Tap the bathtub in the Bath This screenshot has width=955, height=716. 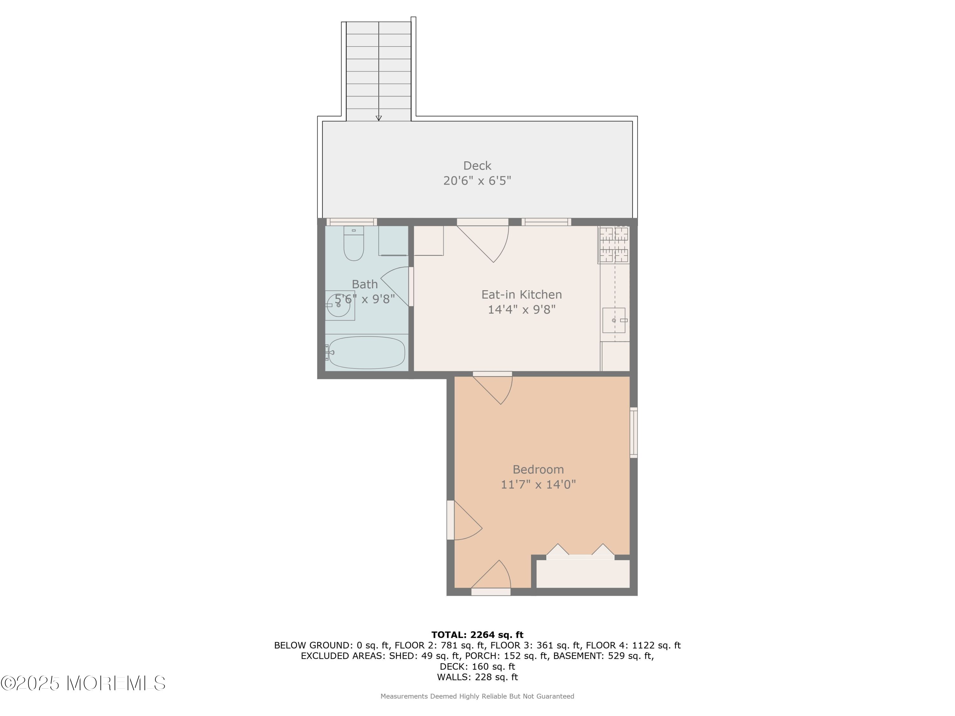(x=366, y=352)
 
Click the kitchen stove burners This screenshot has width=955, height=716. (x=614, y=244)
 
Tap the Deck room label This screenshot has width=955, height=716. (x=477, y=166)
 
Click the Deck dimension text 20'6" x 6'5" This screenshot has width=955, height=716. (x=477, y=180)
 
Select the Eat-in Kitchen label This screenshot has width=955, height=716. (x=521, y=295)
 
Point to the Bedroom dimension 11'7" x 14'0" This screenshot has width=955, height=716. (x=538, y=484)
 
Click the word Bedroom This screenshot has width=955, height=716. (x=538, y=470)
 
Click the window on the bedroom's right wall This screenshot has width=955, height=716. (x=633, y=432)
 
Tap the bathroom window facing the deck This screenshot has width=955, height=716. (x=351, y=222)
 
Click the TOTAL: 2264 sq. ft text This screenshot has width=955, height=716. (x=477, y=635)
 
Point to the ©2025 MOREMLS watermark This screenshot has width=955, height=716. (x=83, y=683)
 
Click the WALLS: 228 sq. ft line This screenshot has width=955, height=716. (x=477, y=677)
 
